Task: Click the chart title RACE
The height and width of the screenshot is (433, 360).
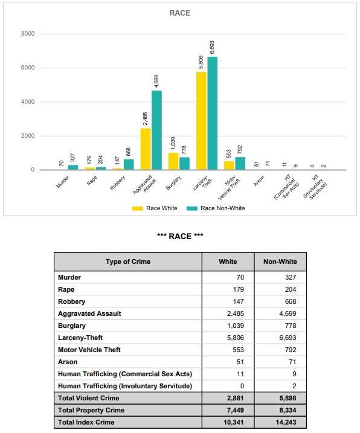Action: pos(179,13)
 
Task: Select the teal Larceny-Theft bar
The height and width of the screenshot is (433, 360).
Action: pos(212,113)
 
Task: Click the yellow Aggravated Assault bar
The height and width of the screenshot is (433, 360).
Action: pos(146,149)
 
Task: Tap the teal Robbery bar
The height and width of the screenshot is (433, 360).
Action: pos(129,164)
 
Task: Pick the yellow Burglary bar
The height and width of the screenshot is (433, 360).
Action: pos(173,161)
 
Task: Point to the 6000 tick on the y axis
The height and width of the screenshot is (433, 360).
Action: pos(28,68)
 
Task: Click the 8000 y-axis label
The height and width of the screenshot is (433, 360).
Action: pos(28,34)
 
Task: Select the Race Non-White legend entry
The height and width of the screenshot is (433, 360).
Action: pos(216,208)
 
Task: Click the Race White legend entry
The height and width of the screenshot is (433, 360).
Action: pos(155,208)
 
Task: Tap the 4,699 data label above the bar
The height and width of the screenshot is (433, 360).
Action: pos(156,81)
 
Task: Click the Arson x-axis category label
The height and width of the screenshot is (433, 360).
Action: pos(259,181)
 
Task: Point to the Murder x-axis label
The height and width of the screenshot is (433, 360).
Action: pos(62,182)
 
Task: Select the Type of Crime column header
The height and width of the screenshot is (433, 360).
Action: pos(128,261)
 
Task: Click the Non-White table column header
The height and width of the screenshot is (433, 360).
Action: pos(280,261)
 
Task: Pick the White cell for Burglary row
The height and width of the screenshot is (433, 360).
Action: pos(236,326)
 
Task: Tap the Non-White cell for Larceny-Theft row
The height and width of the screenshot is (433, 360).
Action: pos(288,338)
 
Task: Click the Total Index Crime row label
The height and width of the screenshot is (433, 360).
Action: pos(86,422)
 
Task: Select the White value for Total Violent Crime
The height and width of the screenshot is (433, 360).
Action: pos(236,398)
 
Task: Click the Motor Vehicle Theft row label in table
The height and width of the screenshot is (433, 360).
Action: pos(89,350)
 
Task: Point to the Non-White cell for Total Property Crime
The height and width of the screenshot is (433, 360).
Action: pos(288,410)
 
